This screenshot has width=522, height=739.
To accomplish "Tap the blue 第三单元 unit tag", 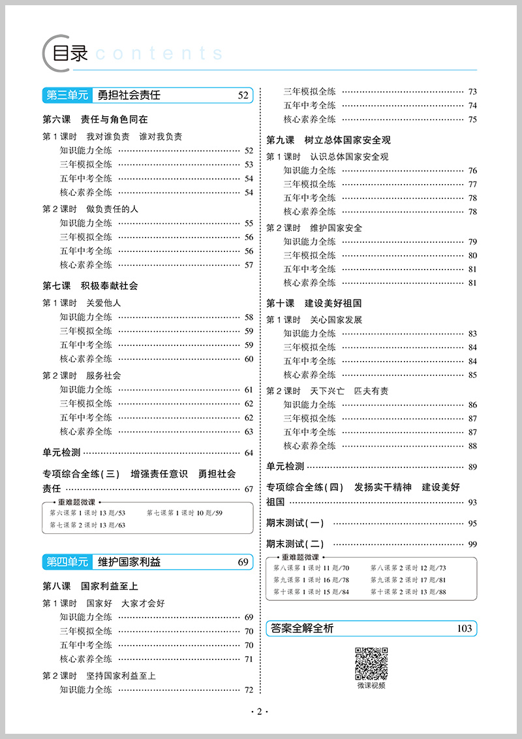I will click(x=66, y=96).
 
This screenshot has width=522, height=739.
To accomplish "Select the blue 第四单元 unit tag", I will click(x=66, y=562).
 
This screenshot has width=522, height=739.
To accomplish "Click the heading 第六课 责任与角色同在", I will click(x=95, y=119).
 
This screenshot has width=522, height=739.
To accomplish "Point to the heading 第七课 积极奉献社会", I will click(x=90, y=286).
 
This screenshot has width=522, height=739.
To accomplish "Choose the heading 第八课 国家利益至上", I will click(x=90, y=586).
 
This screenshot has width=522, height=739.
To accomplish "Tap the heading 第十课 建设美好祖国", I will click(x=314, y=304).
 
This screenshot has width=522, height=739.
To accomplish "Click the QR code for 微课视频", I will click(x=371, y=663).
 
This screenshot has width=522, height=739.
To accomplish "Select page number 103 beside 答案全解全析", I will click(x=464, y=629).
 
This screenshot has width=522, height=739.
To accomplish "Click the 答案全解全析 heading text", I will click(x=302, y=629).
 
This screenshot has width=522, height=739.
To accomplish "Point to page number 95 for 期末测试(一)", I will click(x=472, y=524).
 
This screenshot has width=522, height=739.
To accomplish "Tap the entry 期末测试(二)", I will click(x=295, y=544).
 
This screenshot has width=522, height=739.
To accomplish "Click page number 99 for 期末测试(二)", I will click(x=472, y=544).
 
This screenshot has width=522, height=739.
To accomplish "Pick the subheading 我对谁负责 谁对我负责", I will click(x=134, y=136).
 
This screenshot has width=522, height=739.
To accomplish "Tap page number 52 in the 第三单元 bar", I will click(x=243, y=96).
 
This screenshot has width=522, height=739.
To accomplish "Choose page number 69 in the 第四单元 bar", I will click(x=243, y=562).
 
